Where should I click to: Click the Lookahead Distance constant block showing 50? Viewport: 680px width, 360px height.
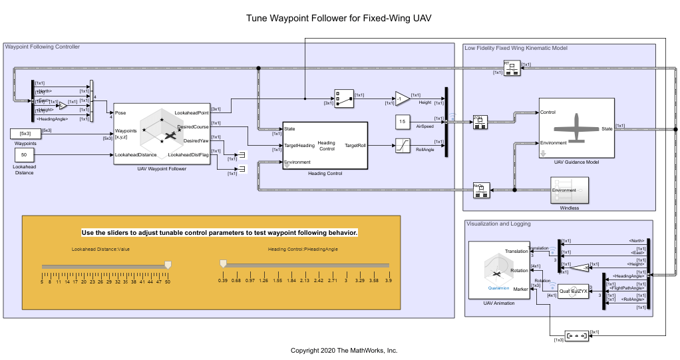(23, 154)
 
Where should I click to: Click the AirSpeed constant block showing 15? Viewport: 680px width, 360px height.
(403, 121)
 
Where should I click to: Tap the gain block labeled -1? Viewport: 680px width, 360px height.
(402, 98)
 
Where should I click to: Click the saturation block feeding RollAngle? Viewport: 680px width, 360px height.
(403, 144)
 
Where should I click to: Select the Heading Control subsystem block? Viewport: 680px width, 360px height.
(325, 145)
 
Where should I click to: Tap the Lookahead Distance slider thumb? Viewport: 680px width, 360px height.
(168, 264)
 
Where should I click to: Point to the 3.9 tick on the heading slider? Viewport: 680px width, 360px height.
(388, 281)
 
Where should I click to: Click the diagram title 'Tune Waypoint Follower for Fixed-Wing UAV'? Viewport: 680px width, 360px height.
(339, 18)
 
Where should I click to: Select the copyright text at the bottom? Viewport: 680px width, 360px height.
(343, 350)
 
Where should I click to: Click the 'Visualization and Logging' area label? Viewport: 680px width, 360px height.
(498, 224)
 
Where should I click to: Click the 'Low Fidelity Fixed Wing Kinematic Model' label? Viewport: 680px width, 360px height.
(516, 48)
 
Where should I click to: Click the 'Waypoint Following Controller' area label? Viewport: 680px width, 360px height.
(43, 47)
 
